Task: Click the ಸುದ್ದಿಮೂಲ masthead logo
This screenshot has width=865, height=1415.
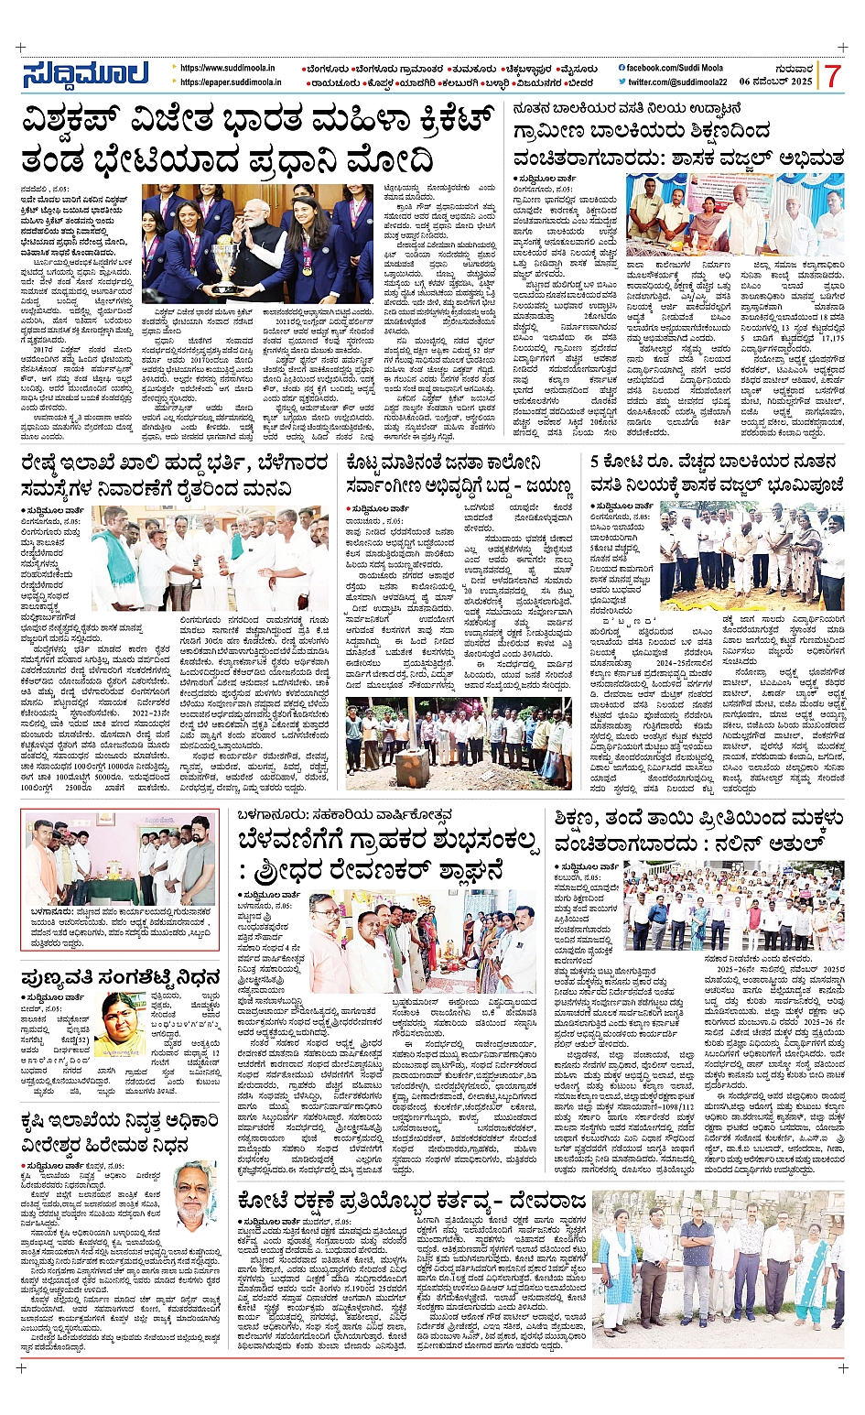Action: (84, 75)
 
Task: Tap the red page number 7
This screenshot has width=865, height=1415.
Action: (832, 76)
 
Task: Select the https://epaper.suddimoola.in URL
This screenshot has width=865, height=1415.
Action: (231, 82)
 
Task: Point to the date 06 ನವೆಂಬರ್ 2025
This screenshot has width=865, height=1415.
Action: (776, 82)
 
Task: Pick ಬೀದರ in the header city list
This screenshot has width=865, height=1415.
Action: (579, 82)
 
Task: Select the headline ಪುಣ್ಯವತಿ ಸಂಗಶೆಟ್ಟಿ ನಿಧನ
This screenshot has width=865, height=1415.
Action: (121, 976)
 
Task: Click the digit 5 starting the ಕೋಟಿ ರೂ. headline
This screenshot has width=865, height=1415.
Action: (596, 463)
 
